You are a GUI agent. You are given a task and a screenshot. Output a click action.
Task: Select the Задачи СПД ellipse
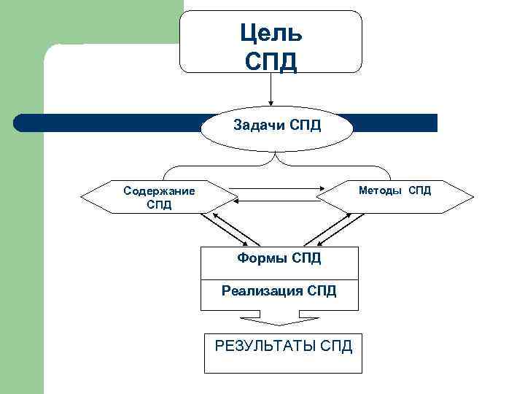click(x=276, y=126)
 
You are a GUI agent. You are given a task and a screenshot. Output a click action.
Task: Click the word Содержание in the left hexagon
click(x=159, y=191)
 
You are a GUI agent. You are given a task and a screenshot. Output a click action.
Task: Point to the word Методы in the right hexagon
click(x=380, y=190)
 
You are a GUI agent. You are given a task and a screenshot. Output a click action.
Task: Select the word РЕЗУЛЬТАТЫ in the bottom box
click(x=264, y=345)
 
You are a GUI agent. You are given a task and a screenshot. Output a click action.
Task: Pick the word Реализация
click(x=262, y=292)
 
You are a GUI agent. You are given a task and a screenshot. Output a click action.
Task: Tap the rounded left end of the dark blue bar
click(x=22, y=123)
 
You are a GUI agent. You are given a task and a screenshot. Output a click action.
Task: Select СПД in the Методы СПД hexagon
click(x=419, y=190)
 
